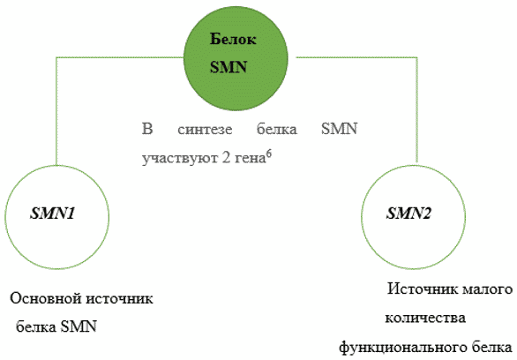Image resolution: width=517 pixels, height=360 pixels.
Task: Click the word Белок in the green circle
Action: (x=233, y=39)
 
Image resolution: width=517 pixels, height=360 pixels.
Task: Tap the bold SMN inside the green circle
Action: (x=229, y=67)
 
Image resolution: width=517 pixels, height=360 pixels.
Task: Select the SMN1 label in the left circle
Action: (x=53, y=214)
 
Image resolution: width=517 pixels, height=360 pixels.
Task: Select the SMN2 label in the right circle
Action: (x=408, y=214)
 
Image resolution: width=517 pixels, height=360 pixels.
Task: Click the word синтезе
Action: (x=205, y=129)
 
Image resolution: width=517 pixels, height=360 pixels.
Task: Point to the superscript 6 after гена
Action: (x=269, y=154)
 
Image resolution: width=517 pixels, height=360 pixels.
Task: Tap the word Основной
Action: (x=46, y=299)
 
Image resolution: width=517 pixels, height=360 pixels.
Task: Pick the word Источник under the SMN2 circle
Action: (x=421, y=289)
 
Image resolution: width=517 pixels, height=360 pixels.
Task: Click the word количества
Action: (x=425, y=319)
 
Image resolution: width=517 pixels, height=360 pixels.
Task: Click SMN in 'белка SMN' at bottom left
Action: (x=79, y=327)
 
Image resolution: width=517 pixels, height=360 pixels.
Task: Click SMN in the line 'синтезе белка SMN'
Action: (x=340, y=129)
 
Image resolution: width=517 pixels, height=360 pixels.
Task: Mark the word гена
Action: (x=251, y=159)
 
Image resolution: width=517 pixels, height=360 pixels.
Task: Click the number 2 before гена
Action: (x=226, y=159)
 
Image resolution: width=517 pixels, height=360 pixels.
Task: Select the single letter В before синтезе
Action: (x=147, y=129)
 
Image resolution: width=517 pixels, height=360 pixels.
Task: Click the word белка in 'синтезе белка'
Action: (x=277, y=129)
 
